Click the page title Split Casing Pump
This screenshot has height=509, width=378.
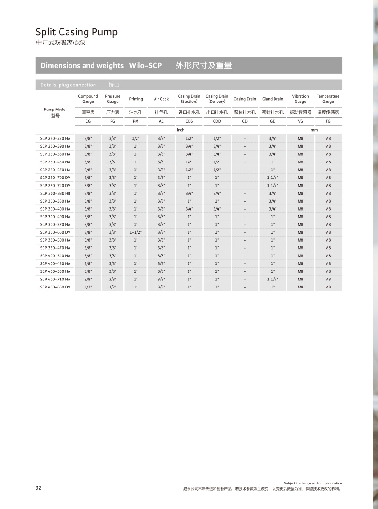tap(77, 32)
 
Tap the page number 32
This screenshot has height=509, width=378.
tap(38, 488)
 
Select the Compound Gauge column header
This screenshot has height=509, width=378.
tap(88, 99)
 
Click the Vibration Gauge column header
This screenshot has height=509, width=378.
tap(300, 99)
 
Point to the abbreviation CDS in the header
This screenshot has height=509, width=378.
tap(189, 121)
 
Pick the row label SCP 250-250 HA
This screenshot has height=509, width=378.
tap(55, 138)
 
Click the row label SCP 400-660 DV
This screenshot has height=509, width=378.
tap(55, 287)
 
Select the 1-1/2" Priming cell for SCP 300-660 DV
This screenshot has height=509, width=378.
tap(136, 232)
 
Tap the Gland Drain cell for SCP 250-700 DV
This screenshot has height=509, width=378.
tap(273, 178)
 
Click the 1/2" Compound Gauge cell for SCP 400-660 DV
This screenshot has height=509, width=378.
tap(87, 287)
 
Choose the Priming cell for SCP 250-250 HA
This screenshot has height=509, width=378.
tap(136, 138)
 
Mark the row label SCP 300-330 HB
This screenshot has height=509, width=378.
tap(55, 193)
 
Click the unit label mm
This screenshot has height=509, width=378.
tap(314, 129)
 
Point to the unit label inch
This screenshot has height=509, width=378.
tap(180, 129)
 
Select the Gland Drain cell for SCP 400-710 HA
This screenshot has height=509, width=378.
tap(273, 279)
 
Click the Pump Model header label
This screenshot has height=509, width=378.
tap(55, 109)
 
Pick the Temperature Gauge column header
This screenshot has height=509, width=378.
tap(328, 99)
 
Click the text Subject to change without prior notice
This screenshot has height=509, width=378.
tap(313, 483)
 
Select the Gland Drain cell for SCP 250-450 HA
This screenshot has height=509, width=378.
tap(273, 162)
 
